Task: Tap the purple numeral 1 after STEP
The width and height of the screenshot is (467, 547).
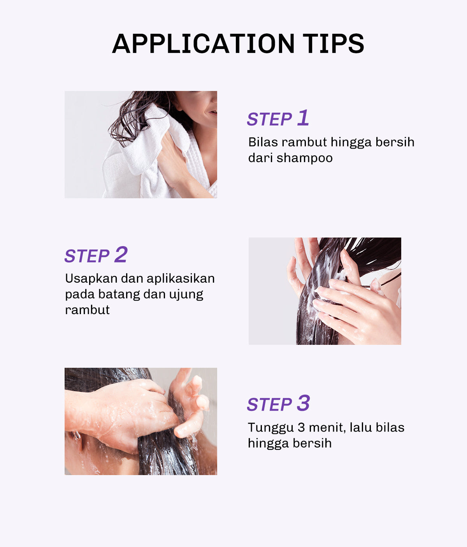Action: pyautogui.click(x=303, y=118)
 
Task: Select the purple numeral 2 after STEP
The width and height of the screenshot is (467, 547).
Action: pyautogui.click(x=121, y=255)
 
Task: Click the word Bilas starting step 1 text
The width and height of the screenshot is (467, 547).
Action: pyautogui.click(x=263, y=142)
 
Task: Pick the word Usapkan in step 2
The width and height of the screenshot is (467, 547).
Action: pyautogui.click(x=91, y=279)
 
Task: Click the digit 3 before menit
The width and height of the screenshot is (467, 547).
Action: pyautogui.click(x=301, y=428)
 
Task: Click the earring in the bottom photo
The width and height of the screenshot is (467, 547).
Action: pyautogui.click(x=77, y=435)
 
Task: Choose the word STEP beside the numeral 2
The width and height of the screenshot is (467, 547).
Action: pyautogui.click(x=87, y=256)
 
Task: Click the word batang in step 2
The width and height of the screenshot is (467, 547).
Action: pyautogui.click(x=119, y=294)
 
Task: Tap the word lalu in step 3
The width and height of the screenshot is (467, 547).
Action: pyautogui.click(x=361, y=428)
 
